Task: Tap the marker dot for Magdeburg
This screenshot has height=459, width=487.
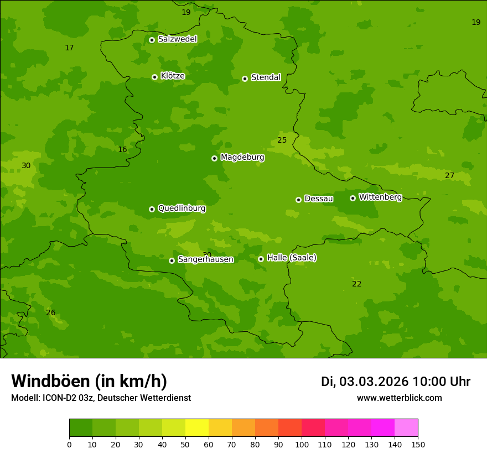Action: [x=214, y=158]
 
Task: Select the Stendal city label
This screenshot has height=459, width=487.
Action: [x=266, y=77]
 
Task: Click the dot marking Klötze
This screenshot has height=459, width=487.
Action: [x=154, y=77]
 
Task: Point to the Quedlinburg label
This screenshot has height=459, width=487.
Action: [x=182, y=208]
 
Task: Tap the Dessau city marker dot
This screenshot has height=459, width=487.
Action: [x=298, y=200]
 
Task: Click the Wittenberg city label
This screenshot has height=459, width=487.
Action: [x=380, y=197]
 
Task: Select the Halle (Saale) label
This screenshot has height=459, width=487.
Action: [x=292, y=258]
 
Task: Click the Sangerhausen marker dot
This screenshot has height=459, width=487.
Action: [x=172, y=260]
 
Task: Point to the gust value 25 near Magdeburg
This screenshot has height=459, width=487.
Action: [x=282, y=140]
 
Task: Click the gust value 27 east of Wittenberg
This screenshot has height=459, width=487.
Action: [x=449, y=176]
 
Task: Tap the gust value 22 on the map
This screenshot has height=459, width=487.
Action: [x=356, y=284]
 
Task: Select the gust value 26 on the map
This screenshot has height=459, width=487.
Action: [x=50, y=313]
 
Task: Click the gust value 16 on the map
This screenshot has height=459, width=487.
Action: [x=122, y=150]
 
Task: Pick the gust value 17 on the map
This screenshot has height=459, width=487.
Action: [x=69, y=48]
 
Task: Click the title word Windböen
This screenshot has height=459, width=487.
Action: [x=50, y=381]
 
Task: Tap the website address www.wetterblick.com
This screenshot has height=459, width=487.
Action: [x=399, y=398]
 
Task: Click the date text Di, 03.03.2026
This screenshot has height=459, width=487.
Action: [x=365, y=382]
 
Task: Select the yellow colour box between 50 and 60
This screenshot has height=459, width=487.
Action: [x=197, y=428]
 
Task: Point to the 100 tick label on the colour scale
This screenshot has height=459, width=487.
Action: [x=302, y=444]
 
